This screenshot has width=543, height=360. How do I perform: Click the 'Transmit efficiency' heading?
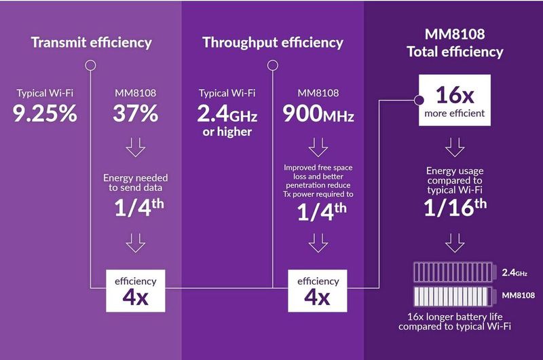[x=90, y=43]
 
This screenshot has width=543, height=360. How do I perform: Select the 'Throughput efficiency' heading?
[x=273, y=43]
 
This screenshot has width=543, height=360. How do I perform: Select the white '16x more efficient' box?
[x=454, y=101]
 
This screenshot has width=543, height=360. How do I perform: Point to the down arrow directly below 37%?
[x=136, y=147]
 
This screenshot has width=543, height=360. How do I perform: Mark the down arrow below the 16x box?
[x=455, y=147]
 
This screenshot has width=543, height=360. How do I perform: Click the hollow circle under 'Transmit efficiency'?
[x=90, y=66]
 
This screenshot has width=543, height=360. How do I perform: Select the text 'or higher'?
[x=227, y=130]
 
